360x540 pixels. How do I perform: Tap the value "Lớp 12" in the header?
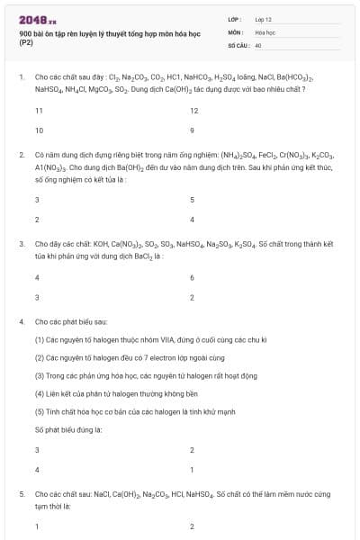tap(263, 19)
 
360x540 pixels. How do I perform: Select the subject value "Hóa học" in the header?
tap(265, 31)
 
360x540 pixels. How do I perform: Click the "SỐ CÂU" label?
tap(237, 44)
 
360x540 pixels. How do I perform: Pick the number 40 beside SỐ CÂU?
tap(258, 44)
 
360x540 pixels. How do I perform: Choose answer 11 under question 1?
tap(39, 111)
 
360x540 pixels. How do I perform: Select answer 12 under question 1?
tap(193, 111)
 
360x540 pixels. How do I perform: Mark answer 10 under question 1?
tap(39, 130)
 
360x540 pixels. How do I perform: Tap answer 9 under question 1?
tap(192, 130)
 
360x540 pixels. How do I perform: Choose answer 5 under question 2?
tap(192, 200)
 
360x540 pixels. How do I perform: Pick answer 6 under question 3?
tap(192, 278)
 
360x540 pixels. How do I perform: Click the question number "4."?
tap(22, 321)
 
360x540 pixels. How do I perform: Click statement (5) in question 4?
tap(135, 411)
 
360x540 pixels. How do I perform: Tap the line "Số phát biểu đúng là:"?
tap(68, 429)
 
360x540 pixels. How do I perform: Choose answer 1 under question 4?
tap(192, 470)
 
